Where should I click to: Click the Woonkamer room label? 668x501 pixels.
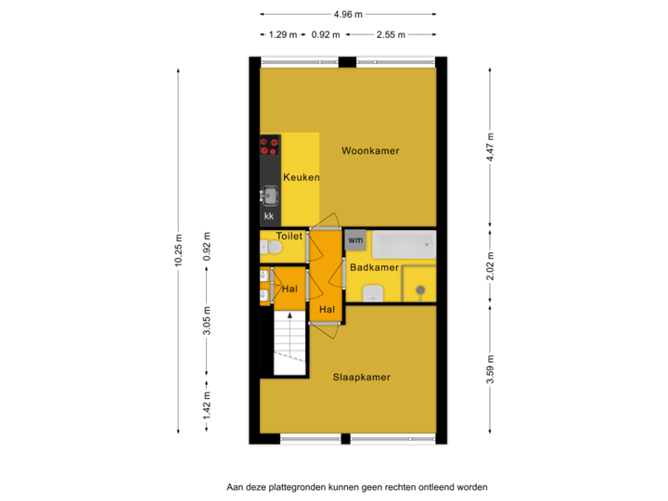[x=370, y=150]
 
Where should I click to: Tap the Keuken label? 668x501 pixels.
[x=302, y=177]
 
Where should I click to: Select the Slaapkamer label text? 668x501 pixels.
[x=361, y=378]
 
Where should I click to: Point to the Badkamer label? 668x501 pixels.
[x=374, y=267]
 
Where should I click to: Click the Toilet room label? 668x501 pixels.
[x=289, y=237]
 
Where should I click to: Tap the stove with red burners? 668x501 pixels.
[x=270, y=146]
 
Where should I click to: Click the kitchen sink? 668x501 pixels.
[x=270, y=196]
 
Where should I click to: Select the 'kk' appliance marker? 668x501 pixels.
[x=269, y=216]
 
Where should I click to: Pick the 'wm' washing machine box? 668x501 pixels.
[x=356, y=239]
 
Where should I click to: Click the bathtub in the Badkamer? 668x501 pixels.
[x=404, y=245]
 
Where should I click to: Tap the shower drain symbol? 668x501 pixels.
[x=420, y=290]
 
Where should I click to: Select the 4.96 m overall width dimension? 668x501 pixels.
[x=348, y=14]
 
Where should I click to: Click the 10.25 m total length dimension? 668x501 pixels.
[x=178, y=250]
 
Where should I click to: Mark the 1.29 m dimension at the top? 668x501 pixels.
[x=282, y=35]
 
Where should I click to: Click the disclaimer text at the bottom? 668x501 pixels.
[x=356, y=486]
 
